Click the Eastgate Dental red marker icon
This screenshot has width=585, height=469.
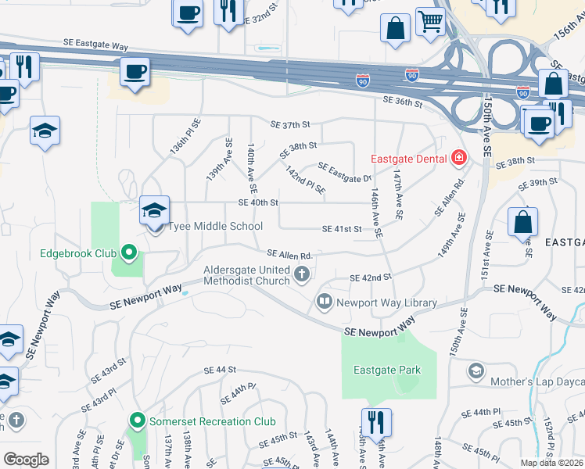459,159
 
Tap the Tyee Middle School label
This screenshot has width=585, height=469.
204,227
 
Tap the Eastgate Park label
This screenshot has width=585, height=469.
386,370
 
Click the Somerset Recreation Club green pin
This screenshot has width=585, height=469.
138,421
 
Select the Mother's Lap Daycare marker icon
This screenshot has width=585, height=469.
476,370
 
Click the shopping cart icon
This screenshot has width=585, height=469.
430,23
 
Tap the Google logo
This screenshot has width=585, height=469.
26,460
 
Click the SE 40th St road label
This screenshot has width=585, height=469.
258,202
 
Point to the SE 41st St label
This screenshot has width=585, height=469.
343,229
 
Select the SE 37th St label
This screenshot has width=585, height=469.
291,124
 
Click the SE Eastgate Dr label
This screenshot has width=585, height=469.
344,172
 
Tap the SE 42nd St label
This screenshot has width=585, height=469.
370,277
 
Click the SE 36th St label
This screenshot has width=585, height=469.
403,102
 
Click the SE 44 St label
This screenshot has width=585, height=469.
220,370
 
